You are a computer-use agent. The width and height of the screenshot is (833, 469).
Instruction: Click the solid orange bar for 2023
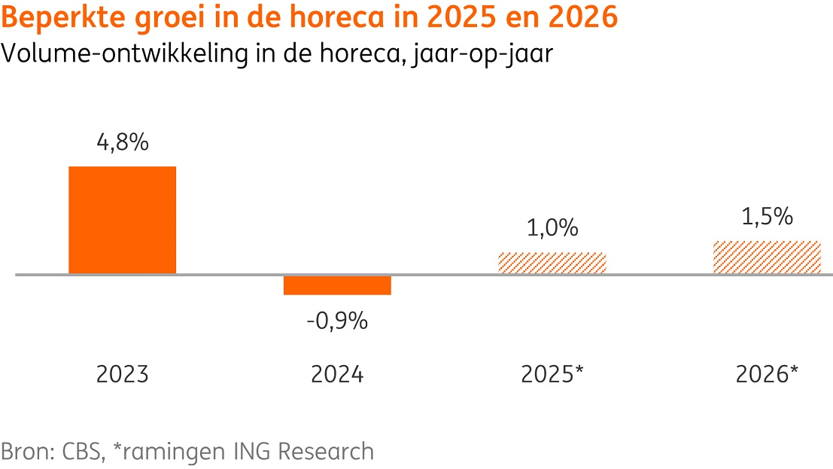(122, 220)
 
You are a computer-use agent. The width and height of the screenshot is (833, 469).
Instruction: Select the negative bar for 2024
(337, 285)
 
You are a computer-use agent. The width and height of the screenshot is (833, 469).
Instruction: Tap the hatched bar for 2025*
(552, 263)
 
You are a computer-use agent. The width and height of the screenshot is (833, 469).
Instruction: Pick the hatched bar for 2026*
(767, 257)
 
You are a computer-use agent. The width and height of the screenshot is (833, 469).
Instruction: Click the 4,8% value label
(123, 143)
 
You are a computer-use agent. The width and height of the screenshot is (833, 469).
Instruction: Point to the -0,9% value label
(337, 321)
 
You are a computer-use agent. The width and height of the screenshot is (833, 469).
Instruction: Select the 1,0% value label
(552, 228)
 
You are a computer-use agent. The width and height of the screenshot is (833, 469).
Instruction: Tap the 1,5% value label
(767, 217)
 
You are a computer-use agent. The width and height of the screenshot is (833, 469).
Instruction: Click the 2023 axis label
(123, 374)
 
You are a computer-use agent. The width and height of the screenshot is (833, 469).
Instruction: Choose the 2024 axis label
(337, 374)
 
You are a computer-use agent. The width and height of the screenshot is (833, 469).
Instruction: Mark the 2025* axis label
(552, 374)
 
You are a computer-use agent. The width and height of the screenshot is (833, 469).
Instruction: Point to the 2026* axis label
(767, 374)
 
